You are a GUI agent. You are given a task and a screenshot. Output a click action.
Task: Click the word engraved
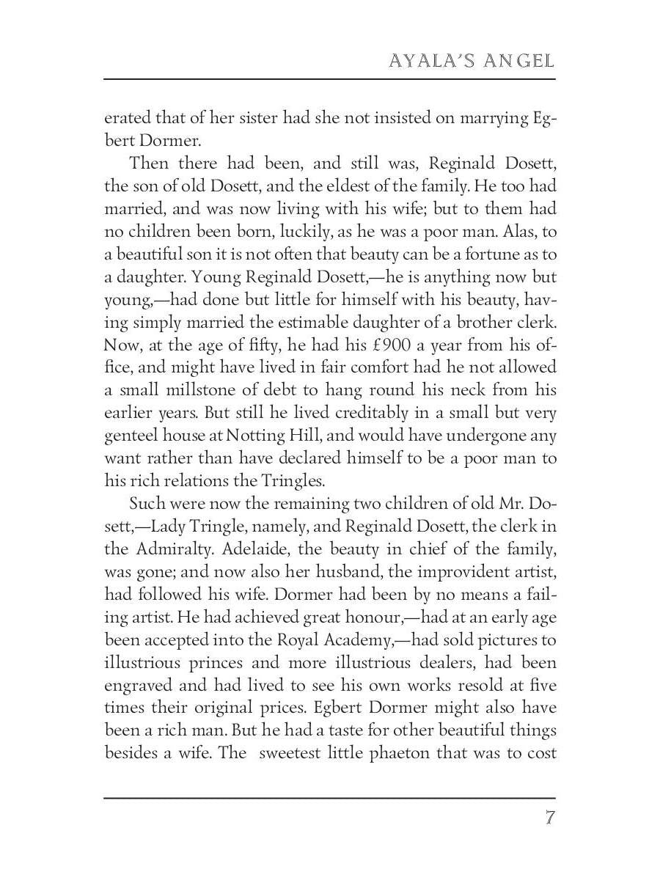pos(140,686)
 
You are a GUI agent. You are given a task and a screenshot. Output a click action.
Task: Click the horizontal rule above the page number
pos(330,798)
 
